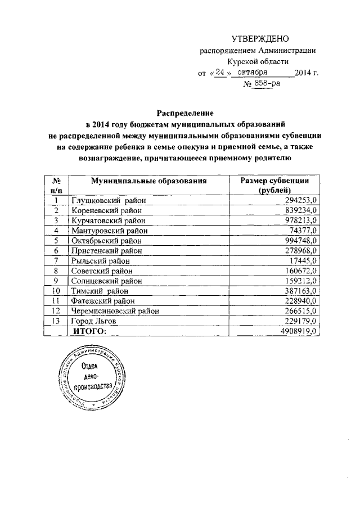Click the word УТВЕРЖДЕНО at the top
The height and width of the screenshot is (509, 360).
pos(260,39)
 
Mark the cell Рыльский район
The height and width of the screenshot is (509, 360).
pos(100,260)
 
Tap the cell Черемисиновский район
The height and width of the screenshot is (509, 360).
pos(116,311)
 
